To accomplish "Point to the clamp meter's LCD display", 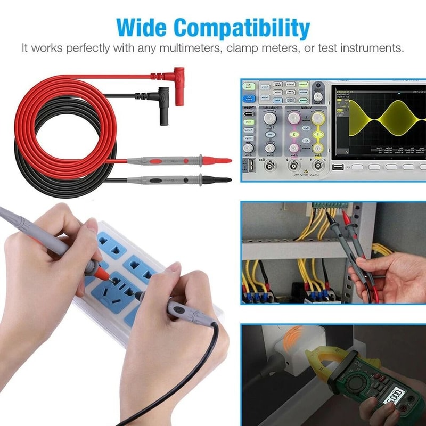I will coord(397,397).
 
